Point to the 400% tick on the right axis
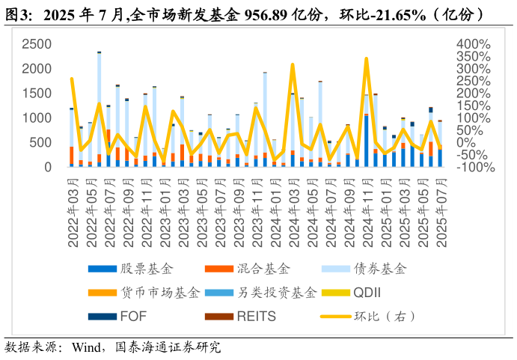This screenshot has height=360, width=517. [474, 44]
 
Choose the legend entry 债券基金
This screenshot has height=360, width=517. [381, 269]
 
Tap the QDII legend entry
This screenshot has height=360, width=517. [367, 293]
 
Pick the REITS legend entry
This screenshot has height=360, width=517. [256, 317]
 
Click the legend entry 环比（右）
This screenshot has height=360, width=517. [385, 317]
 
